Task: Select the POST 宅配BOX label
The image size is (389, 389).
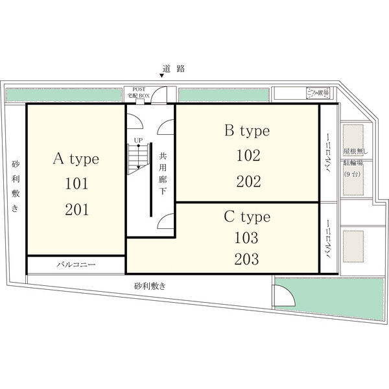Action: (x=140, y=92)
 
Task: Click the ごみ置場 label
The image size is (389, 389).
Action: (x=318, y=93)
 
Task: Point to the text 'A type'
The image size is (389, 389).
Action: (x=75, y=159)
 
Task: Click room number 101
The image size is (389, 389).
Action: (x=75, y=184)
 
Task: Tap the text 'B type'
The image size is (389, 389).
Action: (x=246, y=131)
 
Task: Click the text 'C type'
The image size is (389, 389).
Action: (x=247, y=217)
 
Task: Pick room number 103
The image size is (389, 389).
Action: (x=246, y=237)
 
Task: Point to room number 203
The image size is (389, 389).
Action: (x=246, y=259)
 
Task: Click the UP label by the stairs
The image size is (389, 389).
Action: (x=138, y=139)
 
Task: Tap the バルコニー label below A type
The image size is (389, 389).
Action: (x=75, y=265)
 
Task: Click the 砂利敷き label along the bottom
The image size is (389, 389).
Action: (x=150, y=285)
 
